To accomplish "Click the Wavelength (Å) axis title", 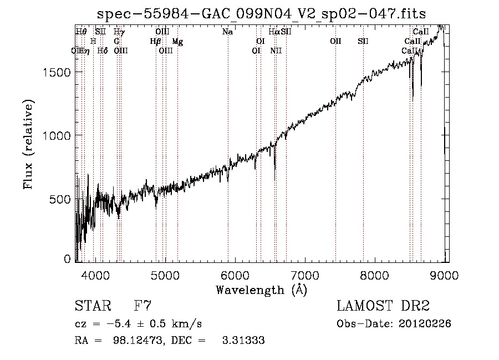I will pos(261,290).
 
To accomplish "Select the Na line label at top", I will pos(227,32).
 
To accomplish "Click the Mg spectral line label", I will pos(177,41).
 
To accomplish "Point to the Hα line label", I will pos(274,32).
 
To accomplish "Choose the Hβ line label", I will pos(155,41).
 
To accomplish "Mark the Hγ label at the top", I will pos(119,32).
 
